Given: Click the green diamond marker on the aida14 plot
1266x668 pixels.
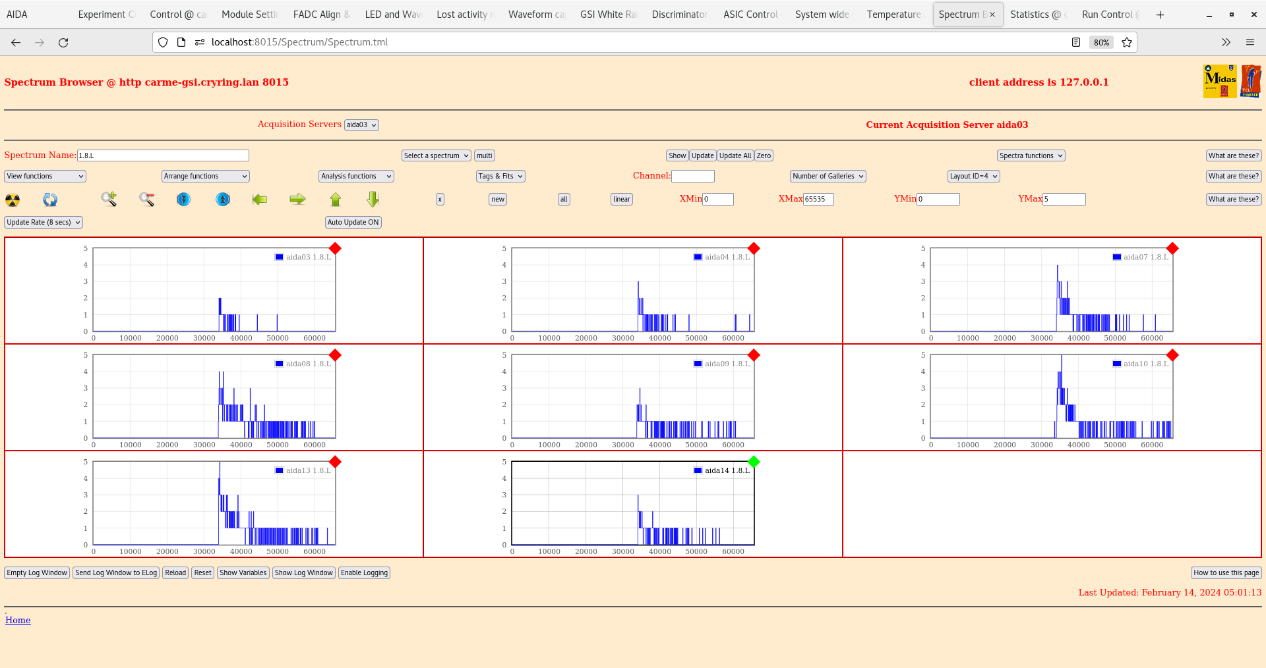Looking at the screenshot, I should (754, 462).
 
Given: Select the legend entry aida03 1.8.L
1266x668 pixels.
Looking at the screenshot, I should (303, 257).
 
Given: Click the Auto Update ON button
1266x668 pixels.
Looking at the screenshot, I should (353, 222).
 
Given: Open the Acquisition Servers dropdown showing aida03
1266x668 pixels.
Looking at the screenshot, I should (361, 125).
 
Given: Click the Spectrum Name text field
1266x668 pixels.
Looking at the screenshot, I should (163, 155).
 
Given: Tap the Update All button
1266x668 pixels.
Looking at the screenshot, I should (735, 155).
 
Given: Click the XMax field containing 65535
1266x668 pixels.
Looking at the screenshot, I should (818, 199).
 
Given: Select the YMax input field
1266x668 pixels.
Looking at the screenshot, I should (1064, 199).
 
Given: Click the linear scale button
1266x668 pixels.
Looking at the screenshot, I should (621, 199).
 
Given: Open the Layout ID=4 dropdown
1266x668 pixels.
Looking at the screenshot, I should (973, 176).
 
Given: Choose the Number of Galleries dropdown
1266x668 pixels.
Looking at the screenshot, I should (828, 176).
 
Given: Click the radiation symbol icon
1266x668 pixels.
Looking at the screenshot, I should (13, 200).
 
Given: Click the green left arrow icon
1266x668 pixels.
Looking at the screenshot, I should (260, 199).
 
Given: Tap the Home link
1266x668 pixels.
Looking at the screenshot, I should (18, 620).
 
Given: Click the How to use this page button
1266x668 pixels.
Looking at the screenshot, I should (1226, 572).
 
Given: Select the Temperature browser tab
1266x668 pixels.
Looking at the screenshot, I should (893, 14).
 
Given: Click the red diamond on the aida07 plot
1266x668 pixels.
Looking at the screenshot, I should (1172, 248).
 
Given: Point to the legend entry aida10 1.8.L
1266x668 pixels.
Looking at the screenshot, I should (1141, 364).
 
